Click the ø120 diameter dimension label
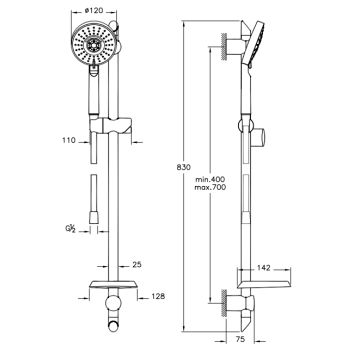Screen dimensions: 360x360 [x=94, y=11]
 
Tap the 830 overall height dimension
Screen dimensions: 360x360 [x=184, y=167]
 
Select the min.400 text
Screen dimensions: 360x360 [x=210, y=180]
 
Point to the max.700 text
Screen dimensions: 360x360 [x=210, y=187]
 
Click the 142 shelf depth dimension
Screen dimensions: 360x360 [x=263, y=268]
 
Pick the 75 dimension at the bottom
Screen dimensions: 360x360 [x=240, y=339]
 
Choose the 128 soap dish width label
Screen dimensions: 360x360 [x=158, y=296]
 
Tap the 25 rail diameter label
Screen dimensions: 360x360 [x=137, y=265]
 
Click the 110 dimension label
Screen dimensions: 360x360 [x=70, y=140]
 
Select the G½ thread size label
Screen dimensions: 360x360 [x=70, y=228]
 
